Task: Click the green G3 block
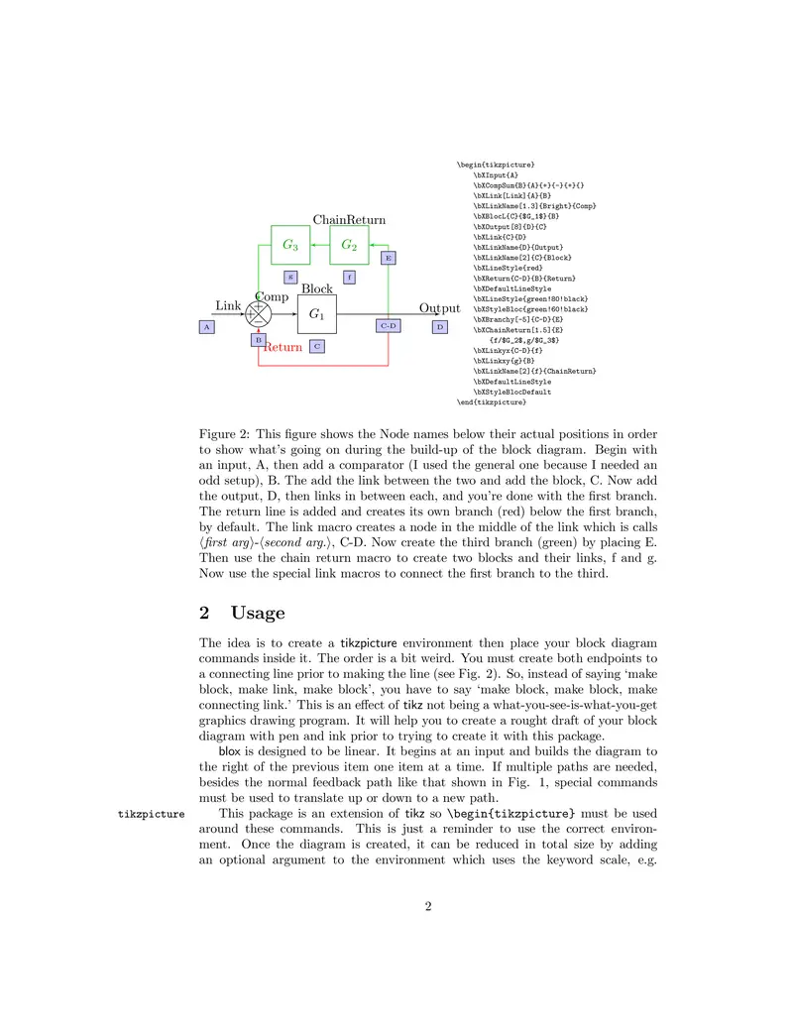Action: [290, 245]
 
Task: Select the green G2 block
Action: [349, 245]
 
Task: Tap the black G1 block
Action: [317, 314]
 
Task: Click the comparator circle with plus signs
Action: [259, 314]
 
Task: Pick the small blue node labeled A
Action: [206, 326]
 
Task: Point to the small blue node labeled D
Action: [440, 326]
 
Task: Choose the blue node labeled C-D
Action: [388, 325]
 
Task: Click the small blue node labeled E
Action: [388, 258]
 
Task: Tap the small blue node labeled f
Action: [349, 278]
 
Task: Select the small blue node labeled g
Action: [290, 278]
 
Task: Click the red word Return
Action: [283, 347]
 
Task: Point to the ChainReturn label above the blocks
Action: [349, 219]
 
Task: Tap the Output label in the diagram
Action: [439, 308]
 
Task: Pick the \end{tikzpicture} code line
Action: [492, 402]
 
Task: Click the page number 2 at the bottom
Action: [427, 905]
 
